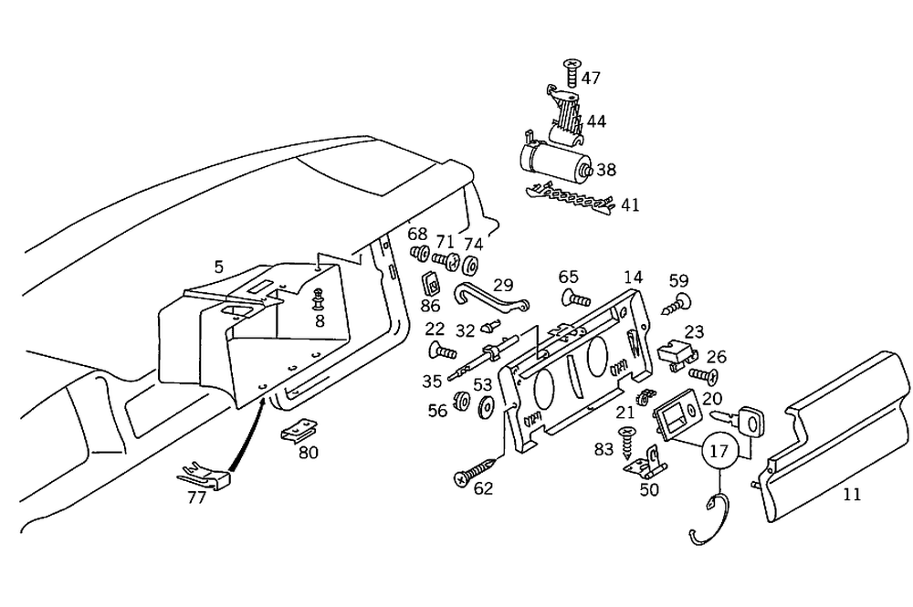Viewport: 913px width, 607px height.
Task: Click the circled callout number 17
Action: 719,451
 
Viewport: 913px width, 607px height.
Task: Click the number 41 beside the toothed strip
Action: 630,205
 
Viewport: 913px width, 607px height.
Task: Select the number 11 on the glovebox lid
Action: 851,495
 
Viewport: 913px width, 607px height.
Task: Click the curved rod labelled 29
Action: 488,298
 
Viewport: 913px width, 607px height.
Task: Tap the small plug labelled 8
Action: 319,298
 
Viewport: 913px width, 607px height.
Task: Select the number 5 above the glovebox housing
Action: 218,267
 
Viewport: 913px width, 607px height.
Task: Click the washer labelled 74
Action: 472,267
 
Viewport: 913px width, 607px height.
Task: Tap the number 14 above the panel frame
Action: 634,276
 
